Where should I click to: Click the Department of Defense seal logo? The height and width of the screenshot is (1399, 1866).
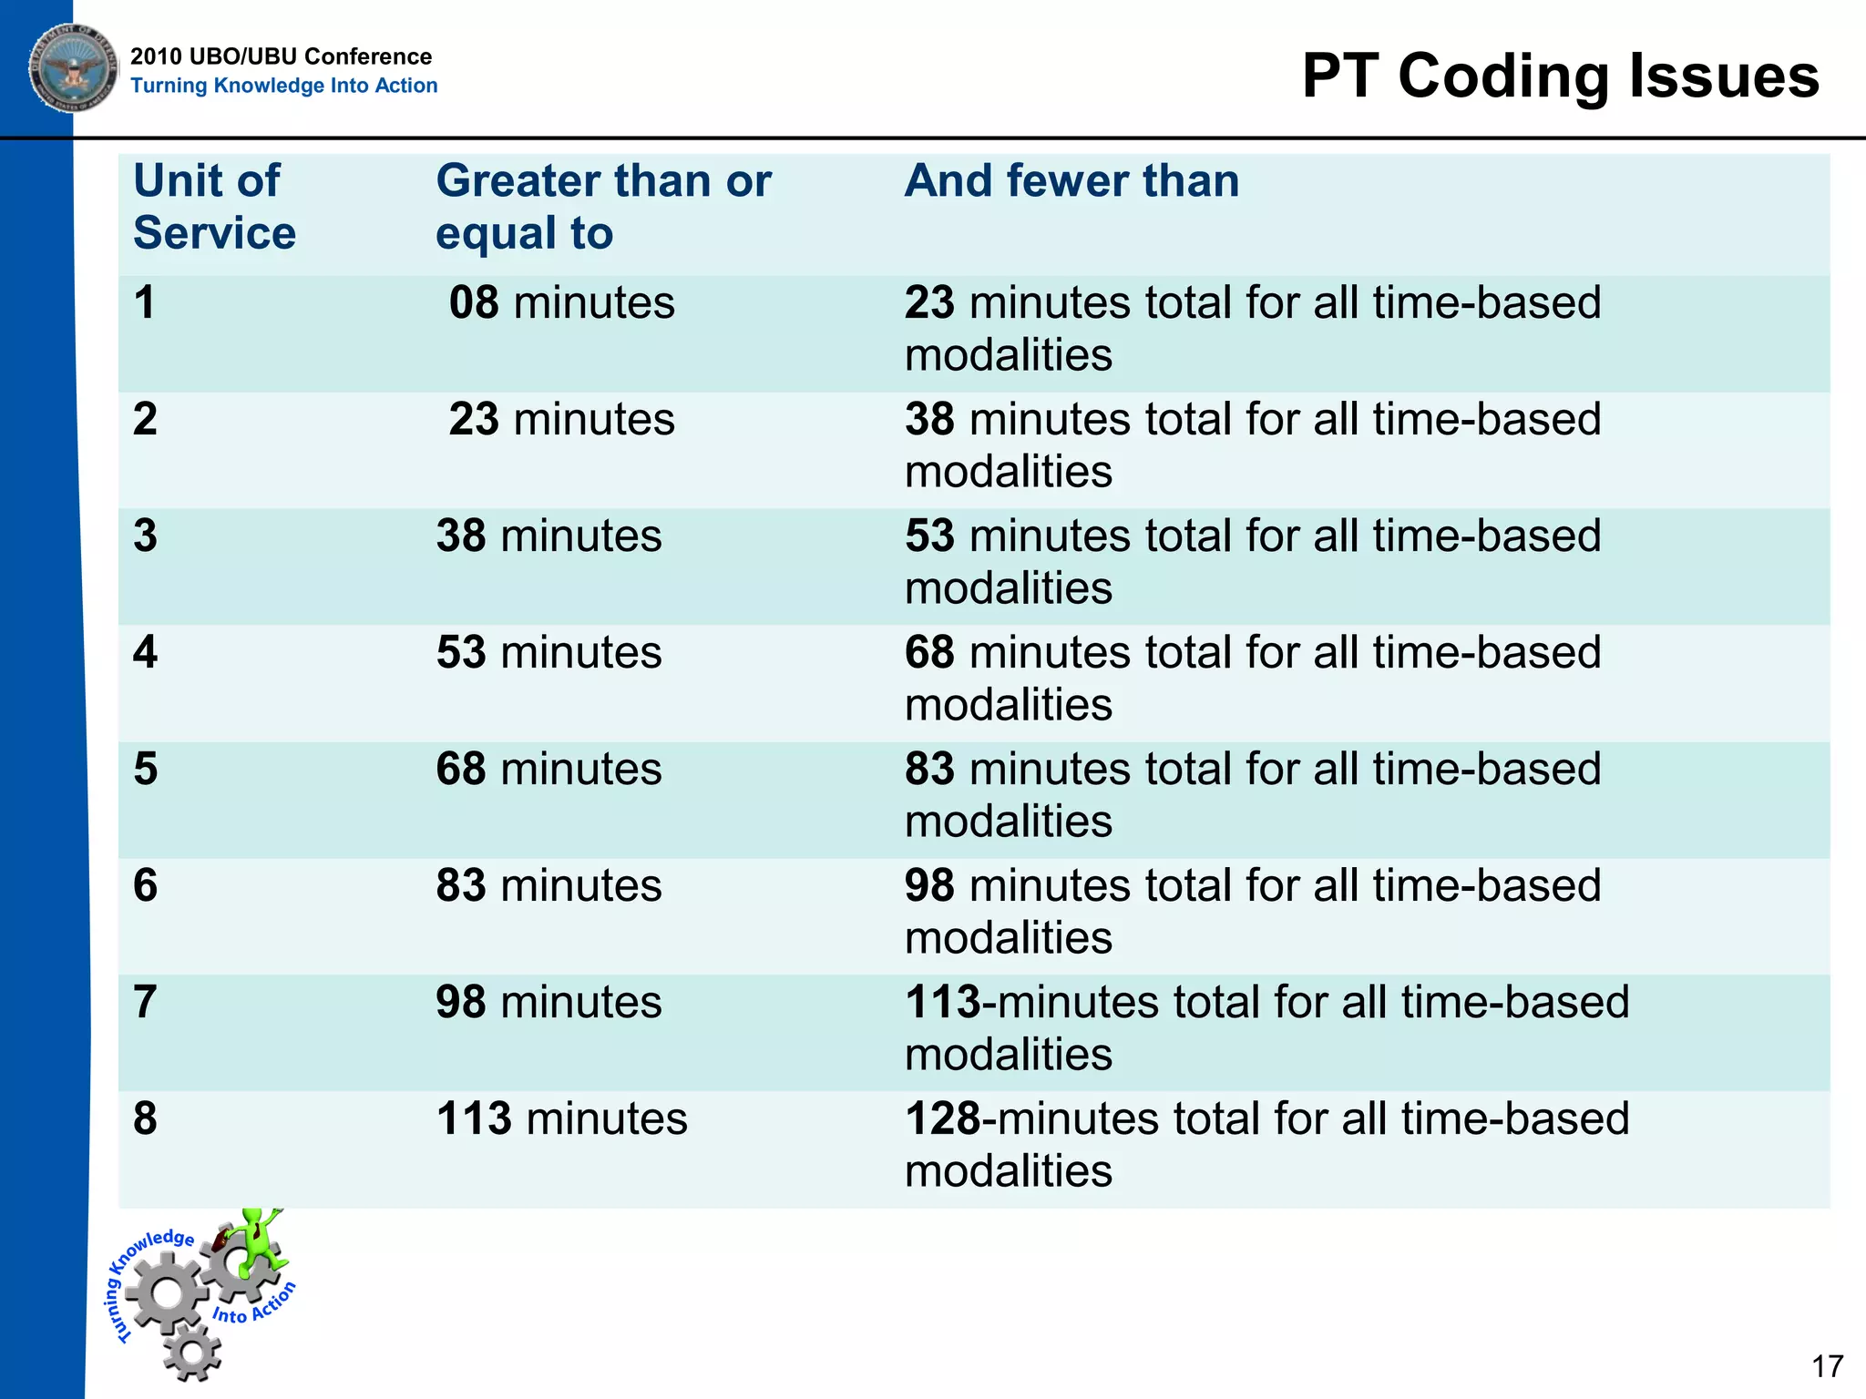point(73,68)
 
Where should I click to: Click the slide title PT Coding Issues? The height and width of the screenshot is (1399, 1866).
point(1560,76)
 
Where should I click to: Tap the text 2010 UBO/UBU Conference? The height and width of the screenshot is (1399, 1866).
point(281,56)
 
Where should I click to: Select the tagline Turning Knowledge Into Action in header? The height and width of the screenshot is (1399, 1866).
point(283,86)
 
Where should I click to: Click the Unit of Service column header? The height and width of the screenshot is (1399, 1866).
point(214,207)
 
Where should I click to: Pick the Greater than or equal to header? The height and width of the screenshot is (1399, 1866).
point(603,207)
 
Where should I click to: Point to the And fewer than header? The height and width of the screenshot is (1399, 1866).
point(1071,180)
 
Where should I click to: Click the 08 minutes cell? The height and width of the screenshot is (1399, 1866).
point(561,302)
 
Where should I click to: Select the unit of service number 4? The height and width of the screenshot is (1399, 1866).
point(146,652)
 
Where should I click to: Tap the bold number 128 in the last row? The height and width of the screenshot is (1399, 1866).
point(942,1118)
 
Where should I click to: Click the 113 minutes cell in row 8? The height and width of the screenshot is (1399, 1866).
point(561,1118)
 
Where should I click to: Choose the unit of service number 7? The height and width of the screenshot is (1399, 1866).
point(146,1002)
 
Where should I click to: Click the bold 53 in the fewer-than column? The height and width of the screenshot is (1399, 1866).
point(929,536)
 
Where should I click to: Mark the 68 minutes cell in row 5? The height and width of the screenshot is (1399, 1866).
point(549,769)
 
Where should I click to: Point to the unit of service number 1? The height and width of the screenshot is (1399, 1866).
point(146,302)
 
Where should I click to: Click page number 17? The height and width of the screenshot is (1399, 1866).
point(1827,1367)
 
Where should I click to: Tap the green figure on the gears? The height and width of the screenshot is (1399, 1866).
point(255,1240)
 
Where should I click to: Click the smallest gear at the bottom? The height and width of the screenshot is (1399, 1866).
point(192,1352)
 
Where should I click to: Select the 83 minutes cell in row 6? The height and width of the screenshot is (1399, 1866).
point(549,885)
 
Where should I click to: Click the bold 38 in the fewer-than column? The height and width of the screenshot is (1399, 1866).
point(929,419)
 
